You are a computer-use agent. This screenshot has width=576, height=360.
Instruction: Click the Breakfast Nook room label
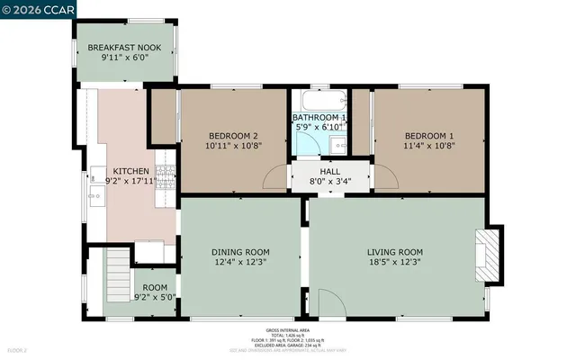coord(124,47)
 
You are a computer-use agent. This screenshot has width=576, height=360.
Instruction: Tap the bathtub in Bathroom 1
coord(320,101)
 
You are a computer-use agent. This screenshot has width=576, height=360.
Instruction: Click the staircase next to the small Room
coord(118,267)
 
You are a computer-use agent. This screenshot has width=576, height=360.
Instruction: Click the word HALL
coord(328,169)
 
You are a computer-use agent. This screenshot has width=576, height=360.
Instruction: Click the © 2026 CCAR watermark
coord(39,10)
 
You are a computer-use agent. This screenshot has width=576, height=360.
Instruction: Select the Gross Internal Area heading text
coord(288,331)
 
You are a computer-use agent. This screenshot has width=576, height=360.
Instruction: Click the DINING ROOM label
coord(240,251)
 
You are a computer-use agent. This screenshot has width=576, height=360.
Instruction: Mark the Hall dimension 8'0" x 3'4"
coord(328,180)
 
